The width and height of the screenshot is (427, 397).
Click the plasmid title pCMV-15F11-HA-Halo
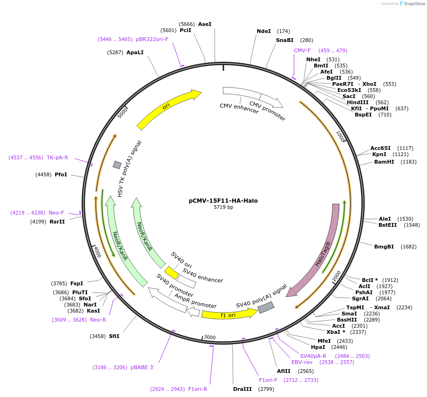click(x=223, y=200)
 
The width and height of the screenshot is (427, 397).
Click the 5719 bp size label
click(x=223, y=207)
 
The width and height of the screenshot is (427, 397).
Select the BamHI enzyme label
click(x=384, y=162)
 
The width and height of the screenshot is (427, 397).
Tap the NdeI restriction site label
click(x=264, y=31)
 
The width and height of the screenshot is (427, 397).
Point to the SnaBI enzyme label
click(x=285, y=40)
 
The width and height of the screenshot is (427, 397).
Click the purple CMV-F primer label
click(x=302, y=50)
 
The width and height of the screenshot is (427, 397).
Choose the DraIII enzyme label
click(x=243, y=389)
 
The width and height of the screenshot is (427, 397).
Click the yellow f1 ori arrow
click(x=229, y=314)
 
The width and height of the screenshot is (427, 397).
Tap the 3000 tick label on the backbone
click(x=209, y=337)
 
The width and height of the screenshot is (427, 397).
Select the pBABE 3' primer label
click(x=142, y=367)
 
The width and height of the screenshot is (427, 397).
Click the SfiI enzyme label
click(x=114, y=336)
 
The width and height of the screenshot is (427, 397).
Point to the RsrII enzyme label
click(x=57, y=221)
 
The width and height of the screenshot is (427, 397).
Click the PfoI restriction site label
click(x=61, y=174)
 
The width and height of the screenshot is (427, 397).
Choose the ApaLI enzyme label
click(x=135, y=52)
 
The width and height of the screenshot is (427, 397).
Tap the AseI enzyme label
click(x=205, y=24)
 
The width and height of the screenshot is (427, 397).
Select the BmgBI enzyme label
click(x=384, y=247)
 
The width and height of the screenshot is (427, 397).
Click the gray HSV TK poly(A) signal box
click(x=117, y=165)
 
